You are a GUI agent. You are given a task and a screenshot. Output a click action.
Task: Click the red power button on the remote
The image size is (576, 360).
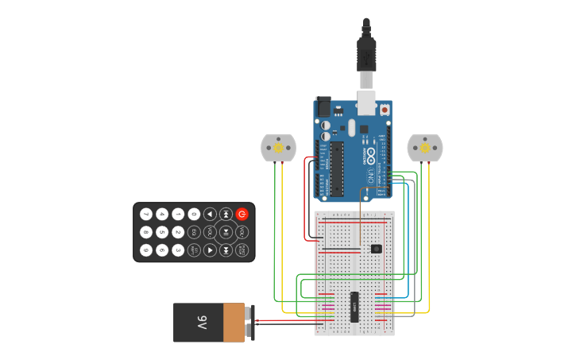tap(242, 214)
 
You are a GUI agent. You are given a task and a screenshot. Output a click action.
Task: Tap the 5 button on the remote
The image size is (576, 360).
tap(162, 232)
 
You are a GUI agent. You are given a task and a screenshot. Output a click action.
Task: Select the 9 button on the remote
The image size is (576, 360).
tap(146, 250)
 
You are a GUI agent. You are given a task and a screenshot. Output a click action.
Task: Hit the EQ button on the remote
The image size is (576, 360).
tap(194, 232)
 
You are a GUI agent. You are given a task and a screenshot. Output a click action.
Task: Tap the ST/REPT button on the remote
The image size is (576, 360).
tap(194, 250)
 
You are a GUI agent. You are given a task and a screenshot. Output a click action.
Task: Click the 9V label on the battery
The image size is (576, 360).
tap(202, 323)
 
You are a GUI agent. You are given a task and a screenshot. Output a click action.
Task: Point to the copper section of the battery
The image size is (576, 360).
tap(234, 323)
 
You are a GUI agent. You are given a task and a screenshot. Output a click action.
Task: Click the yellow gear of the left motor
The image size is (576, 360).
tap(278, 147)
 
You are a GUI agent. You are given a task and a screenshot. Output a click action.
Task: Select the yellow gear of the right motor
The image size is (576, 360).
tap(425, 148)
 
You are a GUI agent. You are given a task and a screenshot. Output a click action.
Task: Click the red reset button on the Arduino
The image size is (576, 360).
tap(385, 110)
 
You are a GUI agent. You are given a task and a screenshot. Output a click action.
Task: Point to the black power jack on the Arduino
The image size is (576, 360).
tap(323, 106)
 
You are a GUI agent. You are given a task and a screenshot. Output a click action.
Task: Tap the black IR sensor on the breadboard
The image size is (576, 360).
tap(376, 249)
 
